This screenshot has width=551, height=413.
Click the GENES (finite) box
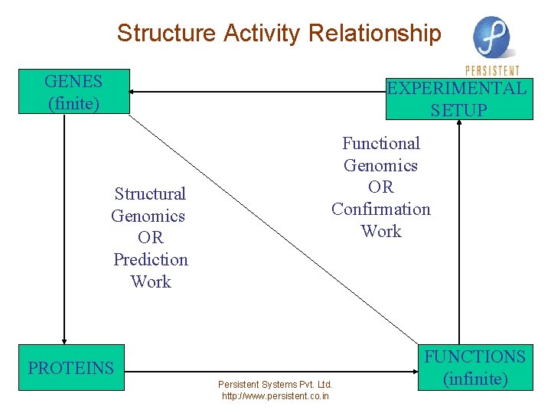click(x=73, y=92)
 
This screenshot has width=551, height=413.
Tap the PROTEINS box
click(x=71, y=368)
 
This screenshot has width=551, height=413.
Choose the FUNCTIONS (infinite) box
click(x=475, y=368)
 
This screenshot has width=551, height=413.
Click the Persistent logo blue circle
click(x=491, y=37)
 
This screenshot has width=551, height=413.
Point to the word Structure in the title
click(x=167, y=34)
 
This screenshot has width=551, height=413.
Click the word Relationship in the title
click(x=375, y=34)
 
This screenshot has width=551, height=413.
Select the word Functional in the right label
click(x=381, y=144)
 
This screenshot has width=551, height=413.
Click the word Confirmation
click(x=381, y=210)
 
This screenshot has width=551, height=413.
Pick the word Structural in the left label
click(x=150, y=194)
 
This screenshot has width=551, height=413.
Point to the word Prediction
click(x=151, y=260)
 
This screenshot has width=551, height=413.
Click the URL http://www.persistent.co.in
click(x=275, y=396)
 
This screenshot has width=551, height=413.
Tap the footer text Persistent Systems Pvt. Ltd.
click(x=275, y=384)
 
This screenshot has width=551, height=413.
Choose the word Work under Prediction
click(x=151, y=282)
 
